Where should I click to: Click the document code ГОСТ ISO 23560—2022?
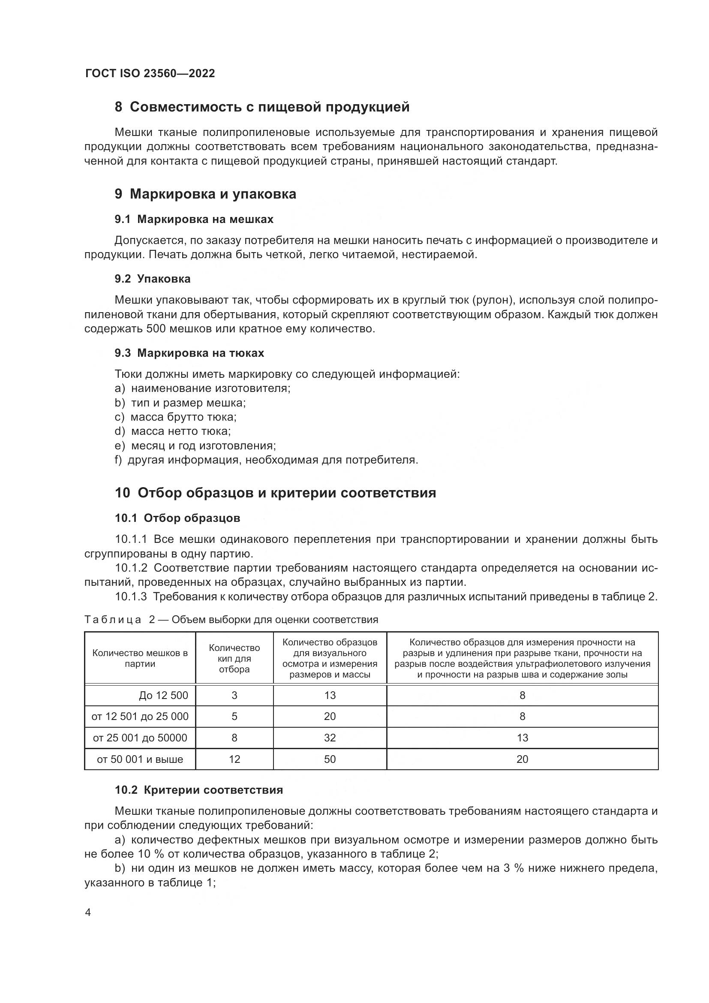150,74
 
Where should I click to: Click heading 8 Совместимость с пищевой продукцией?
262,107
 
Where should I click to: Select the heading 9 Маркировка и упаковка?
205,194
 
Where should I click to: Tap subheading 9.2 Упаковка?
152,279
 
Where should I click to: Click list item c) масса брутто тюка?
175,417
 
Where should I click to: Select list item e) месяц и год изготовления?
195,446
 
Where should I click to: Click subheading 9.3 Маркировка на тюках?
189,353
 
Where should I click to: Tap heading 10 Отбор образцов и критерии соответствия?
275,493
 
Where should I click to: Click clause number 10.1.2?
132,568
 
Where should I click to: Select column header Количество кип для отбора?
234,658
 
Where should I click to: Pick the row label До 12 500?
163,696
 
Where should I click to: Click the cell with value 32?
330,738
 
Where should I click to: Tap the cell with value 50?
330,759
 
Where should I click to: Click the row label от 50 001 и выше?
140,759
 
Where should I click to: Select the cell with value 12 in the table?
234,759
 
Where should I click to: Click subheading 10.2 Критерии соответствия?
198,790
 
